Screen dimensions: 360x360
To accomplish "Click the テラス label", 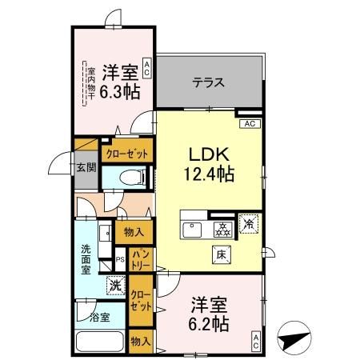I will coord(207,82).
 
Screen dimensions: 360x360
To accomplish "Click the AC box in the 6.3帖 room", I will coord(146,68).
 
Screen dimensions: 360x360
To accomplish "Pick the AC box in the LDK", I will coord(249,123).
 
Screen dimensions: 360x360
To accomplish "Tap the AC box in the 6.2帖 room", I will coord(255,340).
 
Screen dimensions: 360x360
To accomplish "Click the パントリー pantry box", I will coord(141,258).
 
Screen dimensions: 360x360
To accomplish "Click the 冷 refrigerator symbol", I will coord(249,226).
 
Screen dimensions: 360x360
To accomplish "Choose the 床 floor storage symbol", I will coord(218,255).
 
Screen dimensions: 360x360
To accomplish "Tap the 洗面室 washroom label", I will coord(86,259).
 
